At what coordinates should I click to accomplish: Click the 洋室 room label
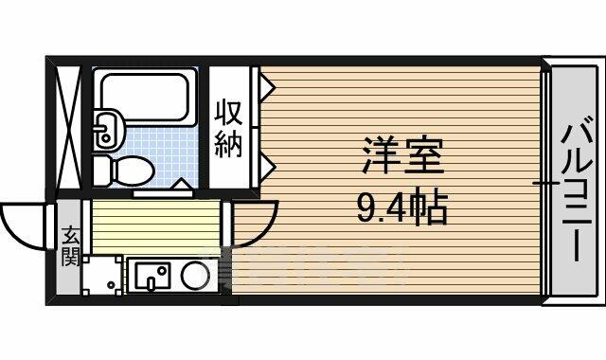coord(402,154)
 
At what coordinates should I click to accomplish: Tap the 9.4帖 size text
coord(402,207)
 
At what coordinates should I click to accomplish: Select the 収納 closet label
coord(229,129)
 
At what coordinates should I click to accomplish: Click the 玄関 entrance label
coord(70,245)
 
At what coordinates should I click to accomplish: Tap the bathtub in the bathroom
coord(146,97)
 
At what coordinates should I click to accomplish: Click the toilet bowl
coord(124,171)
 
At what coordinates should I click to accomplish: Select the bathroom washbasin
coord(109,129)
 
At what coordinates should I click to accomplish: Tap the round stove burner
coord(195,275)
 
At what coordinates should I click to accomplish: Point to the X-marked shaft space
coord(68,128)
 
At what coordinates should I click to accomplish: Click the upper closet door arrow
coord(267,87)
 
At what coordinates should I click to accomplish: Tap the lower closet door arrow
coord(267,167)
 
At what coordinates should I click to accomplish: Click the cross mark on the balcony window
coord(545,183)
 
